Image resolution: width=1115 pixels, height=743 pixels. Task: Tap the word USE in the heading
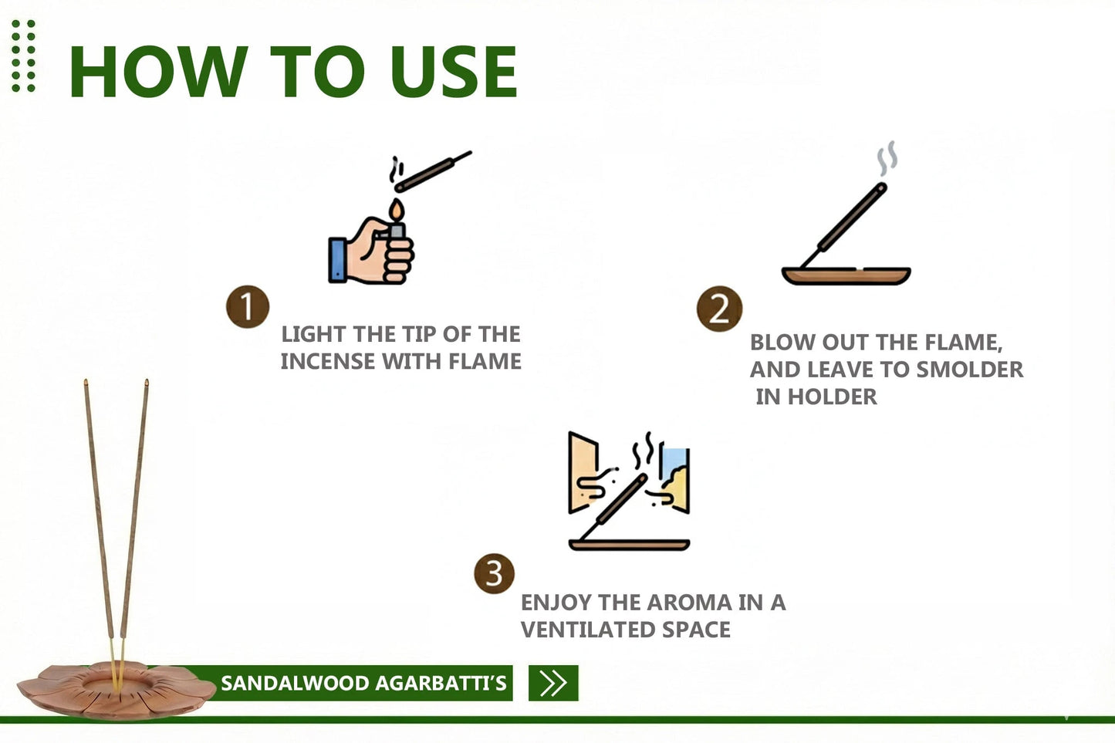453,72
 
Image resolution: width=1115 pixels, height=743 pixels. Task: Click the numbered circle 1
247,307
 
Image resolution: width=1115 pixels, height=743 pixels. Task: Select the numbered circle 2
719,309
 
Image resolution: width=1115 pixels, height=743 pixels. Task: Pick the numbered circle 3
494,574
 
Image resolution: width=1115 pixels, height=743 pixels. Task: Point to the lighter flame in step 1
396,211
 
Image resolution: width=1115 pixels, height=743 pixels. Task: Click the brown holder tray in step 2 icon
846,275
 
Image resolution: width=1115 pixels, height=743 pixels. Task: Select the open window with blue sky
674,478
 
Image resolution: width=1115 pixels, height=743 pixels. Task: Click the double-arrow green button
553,683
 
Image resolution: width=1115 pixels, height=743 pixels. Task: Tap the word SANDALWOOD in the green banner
284,684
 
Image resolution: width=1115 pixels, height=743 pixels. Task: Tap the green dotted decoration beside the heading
23,56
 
